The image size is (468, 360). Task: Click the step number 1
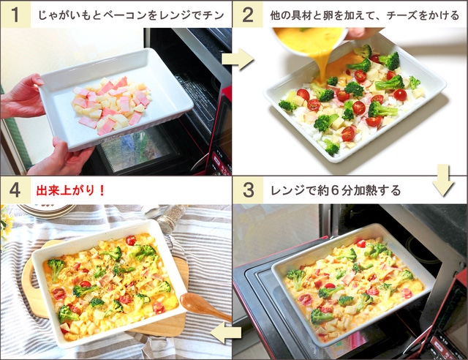(15, 15)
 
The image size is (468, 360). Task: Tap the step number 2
(248, 15)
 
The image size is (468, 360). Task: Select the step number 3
(248, 190)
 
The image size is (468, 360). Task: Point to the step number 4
(15, 190)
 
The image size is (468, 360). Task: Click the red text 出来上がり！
(70, 190)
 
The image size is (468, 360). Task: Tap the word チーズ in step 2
(401, 15)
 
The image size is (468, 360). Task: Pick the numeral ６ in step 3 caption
(335, 190)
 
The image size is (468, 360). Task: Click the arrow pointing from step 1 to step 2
(238, 59)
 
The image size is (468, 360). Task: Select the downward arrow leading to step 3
(443, 180)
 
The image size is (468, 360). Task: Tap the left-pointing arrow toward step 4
(226, 332)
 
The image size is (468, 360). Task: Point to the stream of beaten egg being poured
(322, 67)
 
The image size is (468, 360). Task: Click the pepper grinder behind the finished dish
(170, 219)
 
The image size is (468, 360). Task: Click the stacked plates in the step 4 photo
(47, 210)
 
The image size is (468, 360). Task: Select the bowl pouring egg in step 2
(310, 41)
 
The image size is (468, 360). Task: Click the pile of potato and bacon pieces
(111, 105)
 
